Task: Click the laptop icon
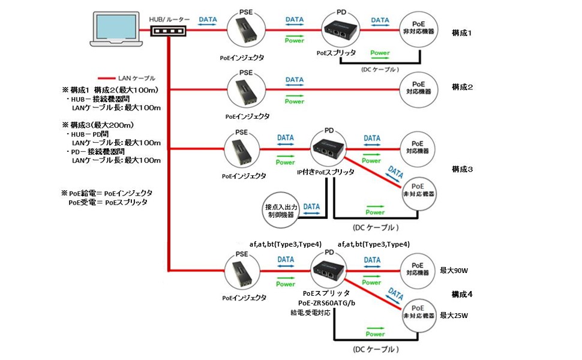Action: pos(117,31)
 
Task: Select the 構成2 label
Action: pos(462,87)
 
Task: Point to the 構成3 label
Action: pos(462,169)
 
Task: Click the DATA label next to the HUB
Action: pos(208,20)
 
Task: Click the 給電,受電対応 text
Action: pos(310,313)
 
